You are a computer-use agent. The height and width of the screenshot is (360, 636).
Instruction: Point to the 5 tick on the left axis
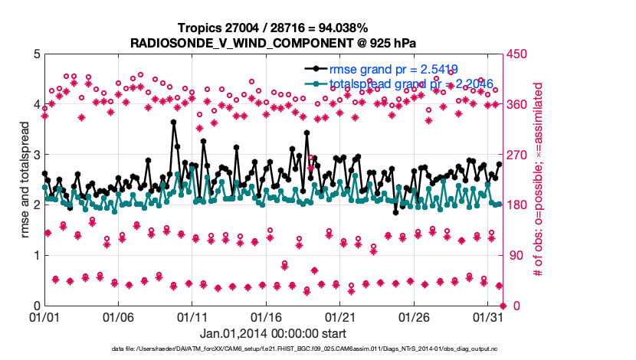(35, 54)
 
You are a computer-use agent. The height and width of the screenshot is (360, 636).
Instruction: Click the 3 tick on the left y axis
(35, 154)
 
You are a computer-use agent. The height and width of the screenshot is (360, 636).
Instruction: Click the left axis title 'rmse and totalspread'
(25, 179)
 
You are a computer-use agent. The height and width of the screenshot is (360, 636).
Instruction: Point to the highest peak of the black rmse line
(174, 122)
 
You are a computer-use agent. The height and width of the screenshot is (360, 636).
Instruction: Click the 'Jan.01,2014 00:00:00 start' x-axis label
(273, 333)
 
